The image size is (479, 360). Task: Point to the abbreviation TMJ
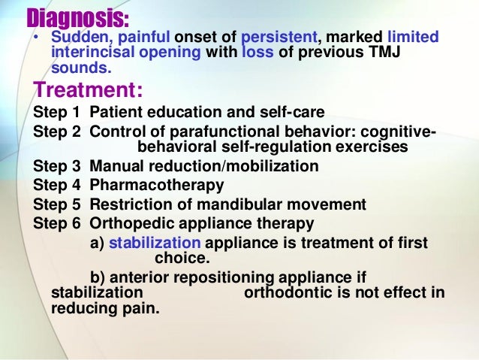423,52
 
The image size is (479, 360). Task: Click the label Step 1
58,113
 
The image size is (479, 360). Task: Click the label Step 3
58,166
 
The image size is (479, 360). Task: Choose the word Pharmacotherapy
156,184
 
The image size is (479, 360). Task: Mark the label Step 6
58,222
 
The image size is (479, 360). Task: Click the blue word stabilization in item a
155,242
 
